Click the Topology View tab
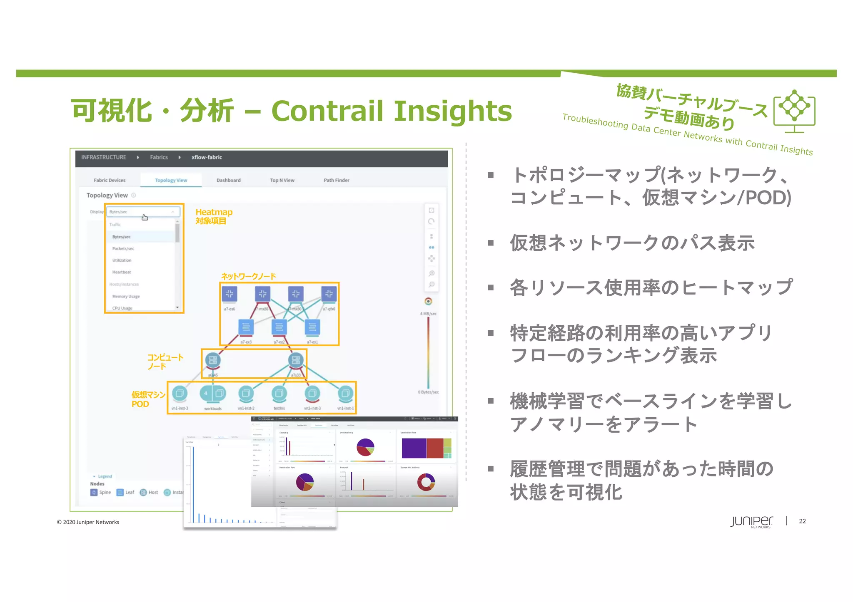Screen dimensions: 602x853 [171, 180]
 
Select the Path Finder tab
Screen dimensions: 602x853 [336, 180]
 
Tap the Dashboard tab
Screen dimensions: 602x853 [228, 180]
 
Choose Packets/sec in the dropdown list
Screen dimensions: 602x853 [123, 248]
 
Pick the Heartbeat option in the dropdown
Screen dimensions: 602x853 [122, 272]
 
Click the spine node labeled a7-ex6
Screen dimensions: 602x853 [229, 294]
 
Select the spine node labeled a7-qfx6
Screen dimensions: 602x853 [329, 294]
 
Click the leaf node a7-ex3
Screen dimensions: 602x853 [246, 327]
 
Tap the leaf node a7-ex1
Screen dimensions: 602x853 [312, 327]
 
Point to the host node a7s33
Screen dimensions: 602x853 [296, 360]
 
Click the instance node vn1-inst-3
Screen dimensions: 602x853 [180, 393]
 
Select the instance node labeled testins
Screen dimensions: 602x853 [279, 393]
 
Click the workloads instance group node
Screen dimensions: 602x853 [212, 393]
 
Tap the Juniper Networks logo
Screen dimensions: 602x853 [751, 522]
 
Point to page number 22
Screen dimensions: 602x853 [802, 521]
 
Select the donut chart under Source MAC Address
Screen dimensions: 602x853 [426, 482]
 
